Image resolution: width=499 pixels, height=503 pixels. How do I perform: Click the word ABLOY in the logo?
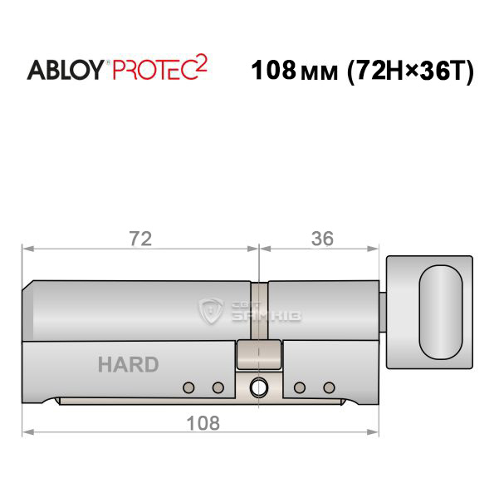point(65,70)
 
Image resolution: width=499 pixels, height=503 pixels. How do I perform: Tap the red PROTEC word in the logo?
point(154,70)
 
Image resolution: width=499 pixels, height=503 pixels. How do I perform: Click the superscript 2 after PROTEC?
point(201,63)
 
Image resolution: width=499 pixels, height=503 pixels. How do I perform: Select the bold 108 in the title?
point(273,70)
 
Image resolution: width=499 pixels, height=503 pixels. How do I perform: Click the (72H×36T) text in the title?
point(411,71)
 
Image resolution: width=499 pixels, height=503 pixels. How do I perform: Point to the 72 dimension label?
point(140,239)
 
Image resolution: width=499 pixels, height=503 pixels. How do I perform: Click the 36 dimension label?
point(322,239)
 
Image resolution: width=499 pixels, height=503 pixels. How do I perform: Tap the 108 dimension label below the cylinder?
point(203,423)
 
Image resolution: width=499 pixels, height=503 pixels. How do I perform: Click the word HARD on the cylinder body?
point(128,364)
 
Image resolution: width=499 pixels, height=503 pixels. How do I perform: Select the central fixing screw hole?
point(258,387)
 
